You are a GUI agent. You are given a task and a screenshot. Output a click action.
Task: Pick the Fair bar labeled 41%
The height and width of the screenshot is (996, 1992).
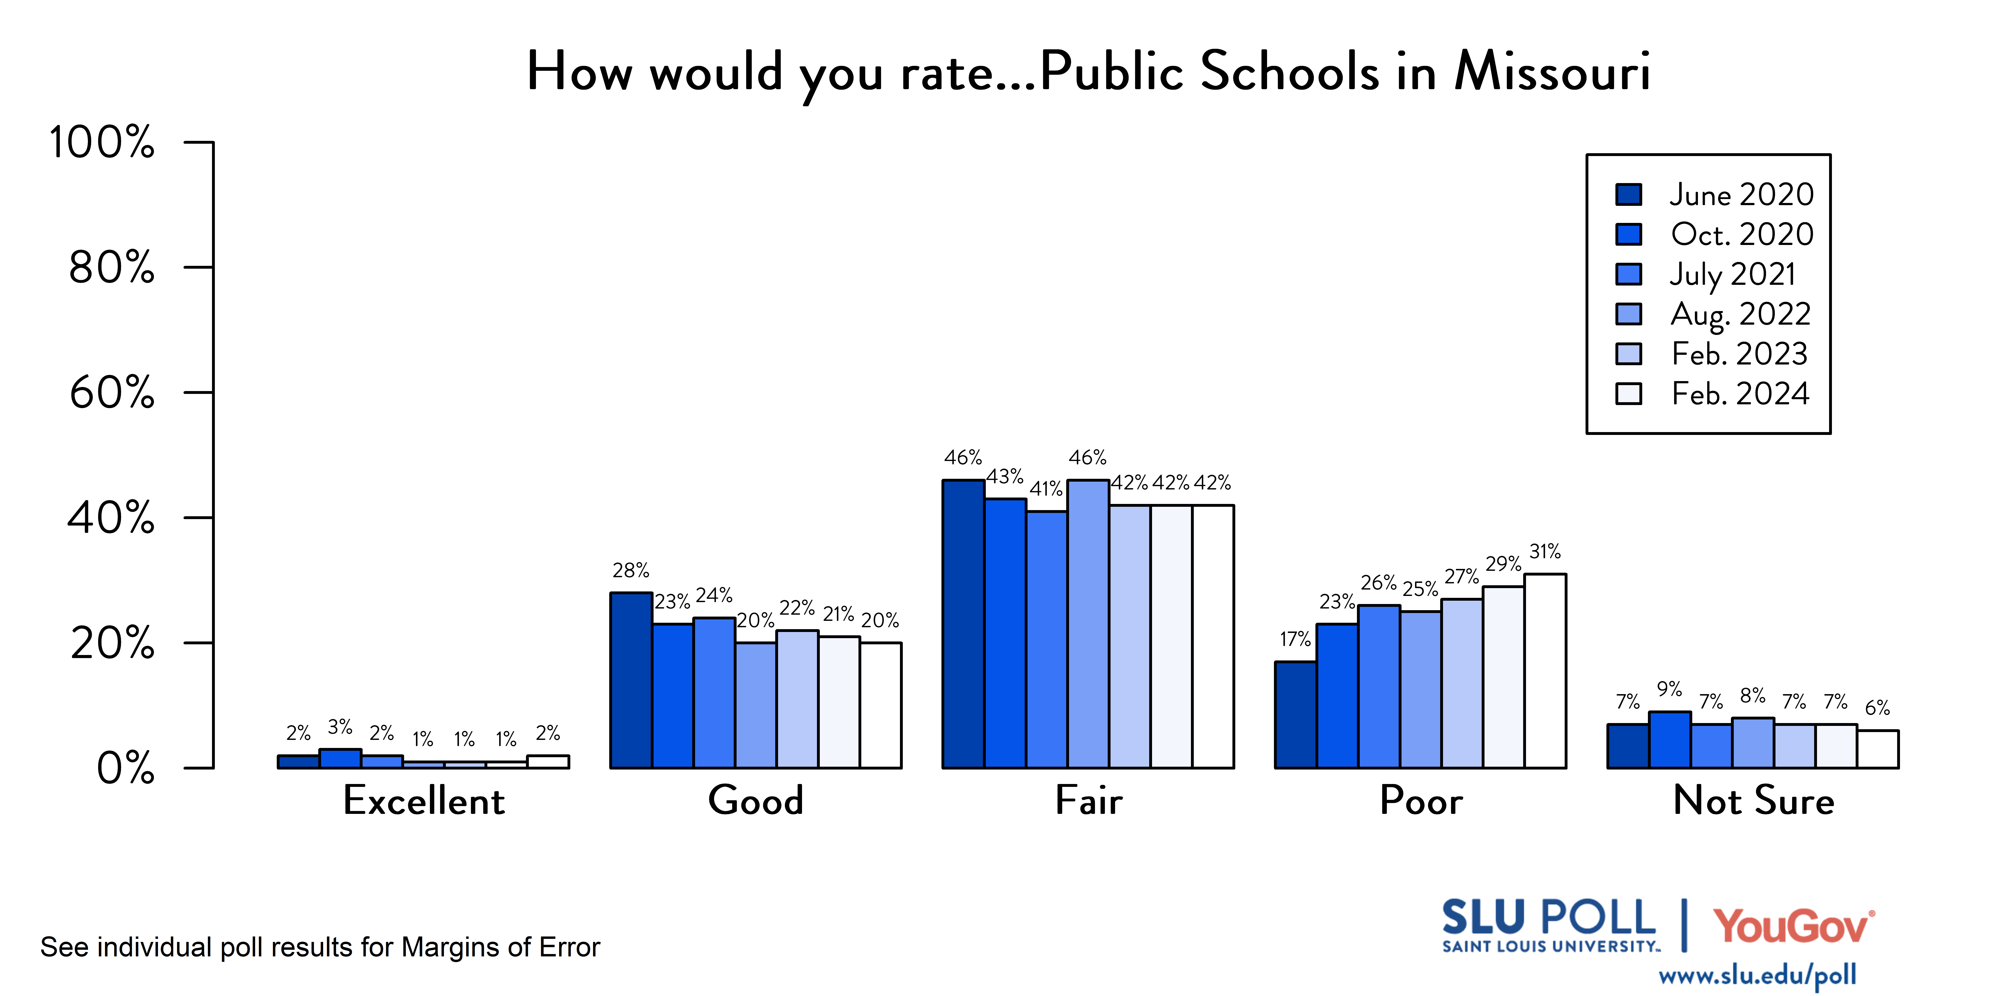tap(1046, 640)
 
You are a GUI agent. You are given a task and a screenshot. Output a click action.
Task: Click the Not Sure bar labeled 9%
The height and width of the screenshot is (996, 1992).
tap(1669, 740)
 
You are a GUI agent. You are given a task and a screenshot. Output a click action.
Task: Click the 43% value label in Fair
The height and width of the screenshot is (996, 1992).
tap(1005, 476)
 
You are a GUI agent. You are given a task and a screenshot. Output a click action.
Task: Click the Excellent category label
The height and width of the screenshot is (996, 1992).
tap(424, 800)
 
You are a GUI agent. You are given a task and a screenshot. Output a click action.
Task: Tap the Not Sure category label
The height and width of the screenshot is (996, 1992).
tap(1753, 800)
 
